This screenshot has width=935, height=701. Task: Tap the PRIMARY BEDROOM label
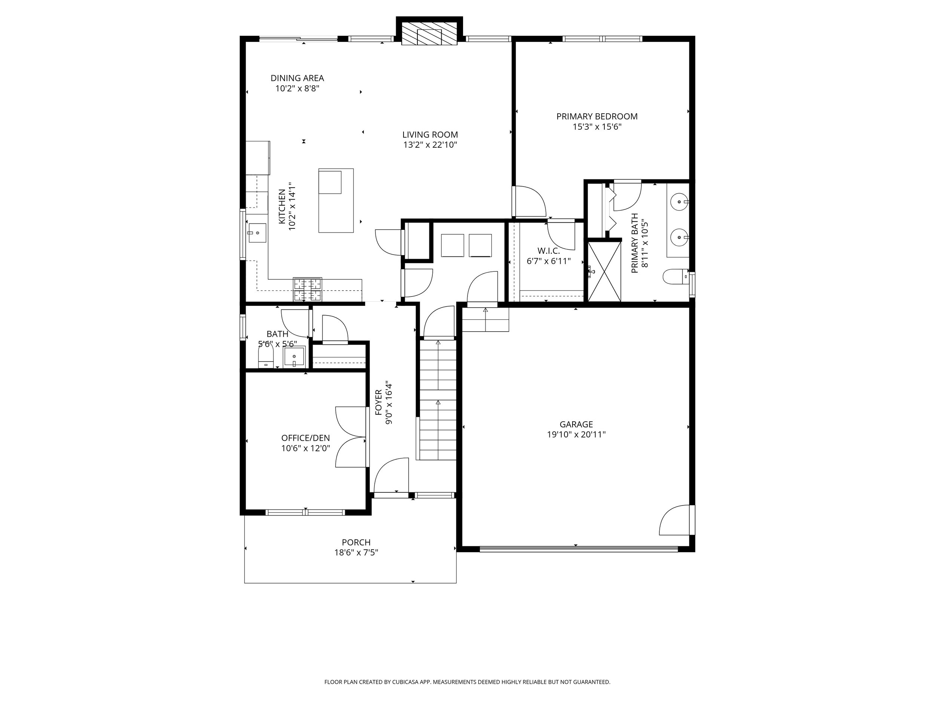pos(597,116)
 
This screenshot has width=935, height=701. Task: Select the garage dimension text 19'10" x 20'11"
pos(576,435)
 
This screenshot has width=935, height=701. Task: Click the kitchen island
pos(336,200)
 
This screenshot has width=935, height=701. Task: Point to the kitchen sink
pos(257,233)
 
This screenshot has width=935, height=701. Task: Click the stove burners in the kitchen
pos(307,289)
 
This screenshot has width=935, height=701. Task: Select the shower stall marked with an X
pos(604,271)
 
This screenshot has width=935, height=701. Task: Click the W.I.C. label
pos(549,251)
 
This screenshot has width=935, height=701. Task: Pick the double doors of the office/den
pos(351,437)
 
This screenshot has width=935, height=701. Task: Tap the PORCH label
pos(356,542)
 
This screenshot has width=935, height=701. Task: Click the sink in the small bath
pos(294,357)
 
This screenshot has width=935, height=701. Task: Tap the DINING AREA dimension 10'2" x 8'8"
pos(297,89)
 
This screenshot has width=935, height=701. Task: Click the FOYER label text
pos(379,402)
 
